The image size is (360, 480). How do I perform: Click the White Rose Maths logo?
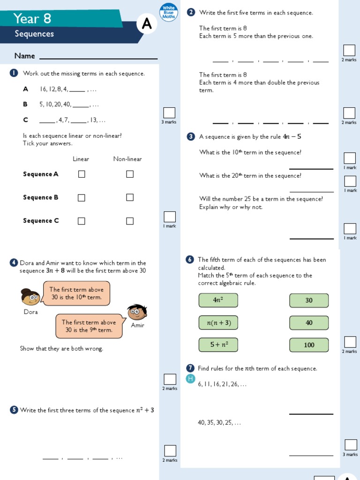coord(168,13)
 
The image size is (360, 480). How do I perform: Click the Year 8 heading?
coord(32,19)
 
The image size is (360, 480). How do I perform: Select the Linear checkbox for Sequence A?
coord(82,174)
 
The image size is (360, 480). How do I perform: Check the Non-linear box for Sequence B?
coord(130,197)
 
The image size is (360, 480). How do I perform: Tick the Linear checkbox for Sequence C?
coord(82,221)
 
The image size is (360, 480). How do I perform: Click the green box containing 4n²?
coord(218,300)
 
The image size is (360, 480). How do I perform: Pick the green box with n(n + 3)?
coord(218,322)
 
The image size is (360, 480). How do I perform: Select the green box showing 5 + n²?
coord(218,345)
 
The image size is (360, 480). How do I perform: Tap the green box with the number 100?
coord(309,345)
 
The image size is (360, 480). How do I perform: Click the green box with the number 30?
coord(309,300)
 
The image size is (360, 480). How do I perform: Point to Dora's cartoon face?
coord(30,297)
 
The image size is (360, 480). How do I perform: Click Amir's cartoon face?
coord(137,312)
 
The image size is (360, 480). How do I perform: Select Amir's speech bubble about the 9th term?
coord(89,326)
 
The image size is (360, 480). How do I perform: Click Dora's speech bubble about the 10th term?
coord(76,293)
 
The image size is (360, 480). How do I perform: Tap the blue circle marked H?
coord(190,379)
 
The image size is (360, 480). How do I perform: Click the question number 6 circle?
coord(190,260)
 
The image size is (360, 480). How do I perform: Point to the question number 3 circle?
coord(191,137)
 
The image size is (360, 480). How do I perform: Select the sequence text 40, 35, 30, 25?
coord(219,422)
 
